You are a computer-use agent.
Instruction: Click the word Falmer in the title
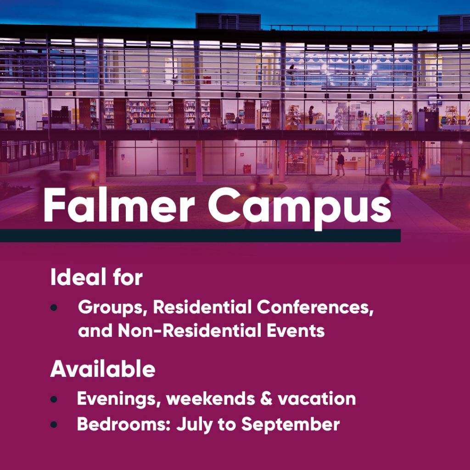[x=119, y=205]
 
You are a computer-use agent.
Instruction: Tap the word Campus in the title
[x=300, y=209]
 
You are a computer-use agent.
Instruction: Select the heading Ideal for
[x=96, y=277]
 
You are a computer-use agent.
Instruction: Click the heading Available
[x=102, y=369]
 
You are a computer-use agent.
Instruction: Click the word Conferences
[x=315, y=308]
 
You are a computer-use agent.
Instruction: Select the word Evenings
[x=119, y=399]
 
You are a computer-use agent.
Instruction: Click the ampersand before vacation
[x=266, y=399]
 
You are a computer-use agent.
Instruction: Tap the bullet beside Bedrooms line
[x=54, y=425]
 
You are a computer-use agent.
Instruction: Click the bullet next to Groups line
[x=54, y=308]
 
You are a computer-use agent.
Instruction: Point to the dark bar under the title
[x=200, y=235]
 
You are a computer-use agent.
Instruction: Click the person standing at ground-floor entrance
[x=340, y=163]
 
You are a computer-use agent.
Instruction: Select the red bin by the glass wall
[x=246, y=169]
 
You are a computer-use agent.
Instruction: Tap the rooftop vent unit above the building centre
[x=228, y=22]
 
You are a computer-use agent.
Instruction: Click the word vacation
[x=317, y=399]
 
